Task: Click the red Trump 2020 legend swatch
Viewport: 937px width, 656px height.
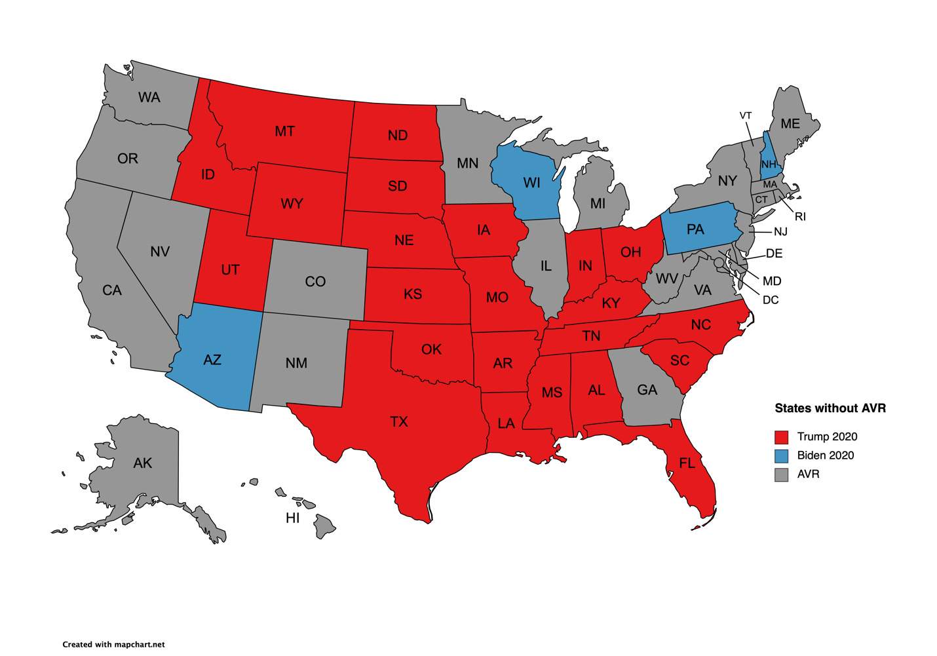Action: point(781,437)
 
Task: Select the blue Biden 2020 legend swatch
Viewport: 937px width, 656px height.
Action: point(781,455)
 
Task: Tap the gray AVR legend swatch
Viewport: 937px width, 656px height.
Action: point(781,474)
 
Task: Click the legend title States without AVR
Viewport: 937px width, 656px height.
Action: point(830,408)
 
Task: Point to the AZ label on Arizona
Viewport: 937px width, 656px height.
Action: point(212,360)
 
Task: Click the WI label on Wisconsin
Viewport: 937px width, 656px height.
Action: point(531,183)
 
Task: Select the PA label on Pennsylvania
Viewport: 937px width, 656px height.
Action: point(695,229)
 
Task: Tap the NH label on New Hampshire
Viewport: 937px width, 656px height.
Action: point(769,164)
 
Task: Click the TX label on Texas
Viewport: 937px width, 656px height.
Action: point(398,421)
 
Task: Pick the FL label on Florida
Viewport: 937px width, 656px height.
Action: point(687,463)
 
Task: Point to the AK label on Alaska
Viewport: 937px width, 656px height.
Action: point(142,463)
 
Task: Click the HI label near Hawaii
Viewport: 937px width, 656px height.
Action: point(292,518)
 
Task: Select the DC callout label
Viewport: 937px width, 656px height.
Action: point(771,300)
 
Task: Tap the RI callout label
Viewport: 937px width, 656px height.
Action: point(800,216)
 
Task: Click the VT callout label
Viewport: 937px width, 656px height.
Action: point(746,115)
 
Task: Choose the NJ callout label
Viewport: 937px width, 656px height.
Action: point(780,231)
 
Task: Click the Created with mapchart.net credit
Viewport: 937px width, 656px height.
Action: point(113,644)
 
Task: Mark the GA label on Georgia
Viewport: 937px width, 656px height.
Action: point(647,390)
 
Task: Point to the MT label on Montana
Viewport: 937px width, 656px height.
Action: point(284,132)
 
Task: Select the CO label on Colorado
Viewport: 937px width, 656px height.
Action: point(315,282)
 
